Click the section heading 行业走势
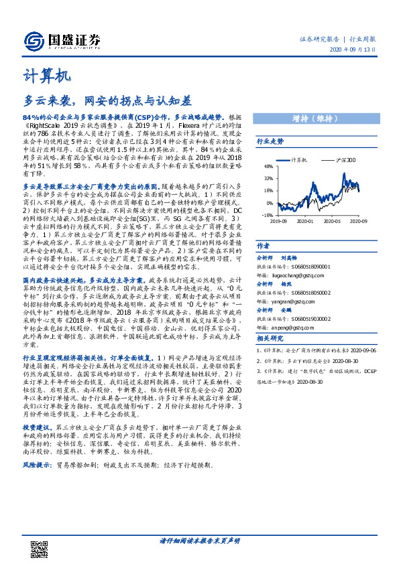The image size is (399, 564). click(x=271, y=142)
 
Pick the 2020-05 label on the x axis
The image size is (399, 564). click(x=333, y=220)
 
